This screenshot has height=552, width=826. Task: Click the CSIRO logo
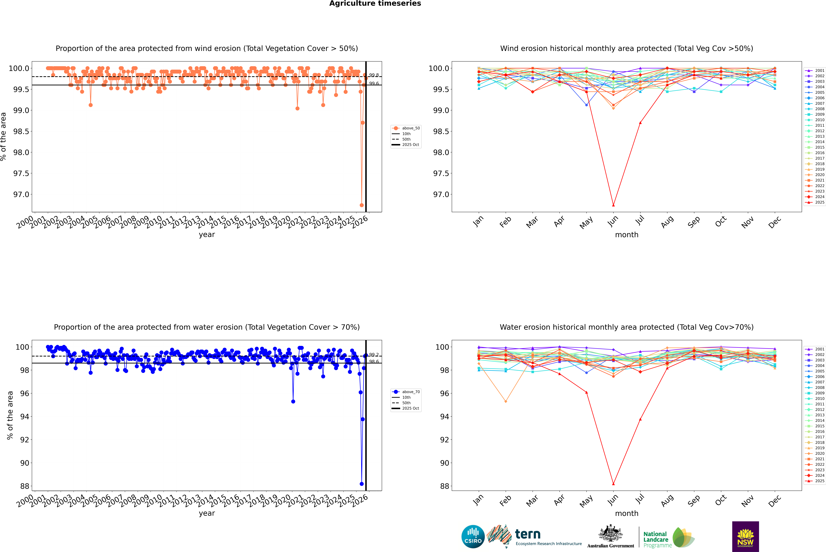473,537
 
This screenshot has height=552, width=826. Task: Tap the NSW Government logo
745,537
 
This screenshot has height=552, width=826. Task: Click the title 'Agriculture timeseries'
375,3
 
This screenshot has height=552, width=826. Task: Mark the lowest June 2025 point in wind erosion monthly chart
613,205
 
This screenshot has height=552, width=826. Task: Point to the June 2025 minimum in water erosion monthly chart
613,484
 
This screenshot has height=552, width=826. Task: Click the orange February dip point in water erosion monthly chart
506,401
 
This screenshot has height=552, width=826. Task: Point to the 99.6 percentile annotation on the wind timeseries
374,83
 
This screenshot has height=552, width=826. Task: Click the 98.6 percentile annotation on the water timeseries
374,362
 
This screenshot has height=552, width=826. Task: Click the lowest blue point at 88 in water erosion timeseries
362,484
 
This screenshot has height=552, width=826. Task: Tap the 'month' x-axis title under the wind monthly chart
626,235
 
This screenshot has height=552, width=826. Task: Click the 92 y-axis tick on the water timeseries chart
24,440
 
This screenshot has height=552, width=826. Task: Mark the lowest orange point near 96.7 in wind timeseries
362,205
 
